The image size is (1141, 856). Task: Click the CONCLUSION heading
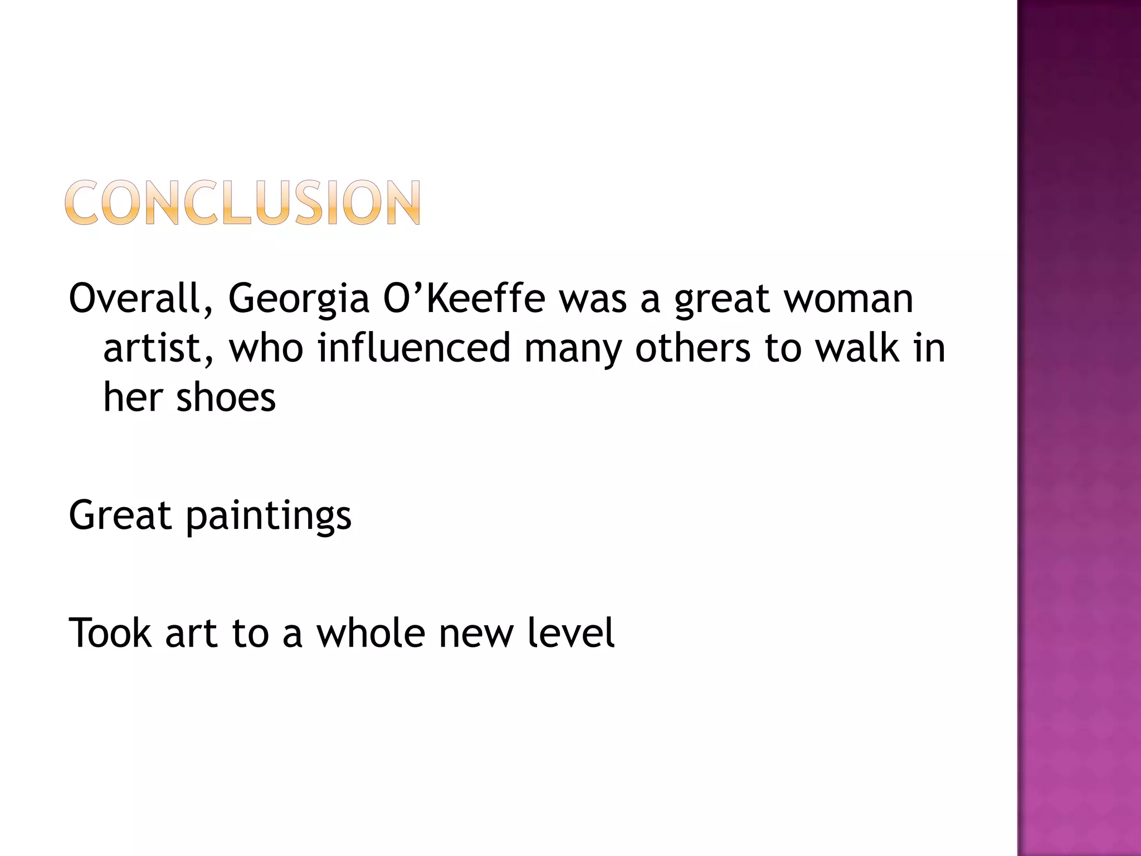[243, 202]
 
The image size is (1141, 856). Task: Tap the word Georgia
[299, 299]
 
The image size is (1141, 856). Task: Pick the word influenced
[414, 348]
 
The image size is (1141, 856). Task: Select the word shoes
[226, 397]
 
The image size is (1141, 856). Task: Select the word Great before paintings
[120, 515]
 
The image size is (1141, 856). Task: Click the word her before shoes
[133, 397]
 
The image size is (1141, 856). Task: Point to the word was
[593, 299]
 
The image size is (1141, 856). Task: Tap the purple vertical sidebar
[1079, 428]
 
